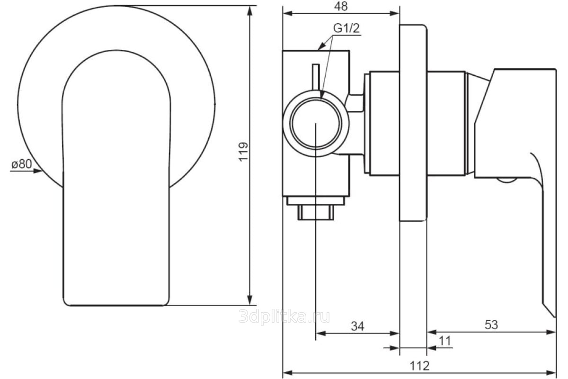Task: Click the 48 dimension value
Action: (341, 6)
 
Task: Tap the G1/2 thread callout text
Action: (346, 28)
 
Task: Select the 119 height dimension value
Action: (243, 152)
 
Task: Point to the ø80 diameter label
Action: (22, 164)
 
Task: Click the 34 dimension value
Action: (357, 326)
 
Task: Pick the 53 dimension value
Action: (491, 325)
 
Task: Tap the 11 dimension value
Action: (445, 341)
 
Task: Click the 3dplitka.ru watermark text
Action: (284, 316)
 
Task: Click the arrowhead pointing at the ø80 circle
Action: (38, 171)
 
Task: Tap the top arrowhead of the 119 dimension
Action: (250, 11)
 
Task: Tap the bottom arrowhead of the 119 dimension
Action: (250, 300)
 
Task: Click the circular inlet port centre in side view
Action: (316, 124)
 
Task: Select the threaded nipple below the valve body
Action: (316, 212)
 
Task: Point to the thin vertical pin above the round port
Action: (316, 77)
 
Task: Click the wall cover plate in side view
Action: (413, 123)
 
